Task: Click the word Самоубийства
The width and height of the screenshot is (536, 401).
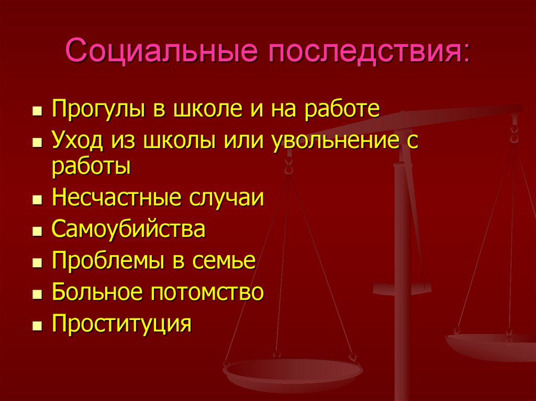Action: pos(128,230)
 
